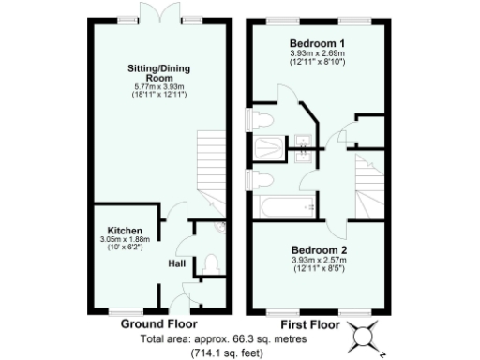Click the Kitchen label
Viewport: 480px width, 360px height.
point(125,230)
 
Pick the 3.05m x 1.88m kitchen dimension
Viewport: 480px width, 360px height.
point(126,239)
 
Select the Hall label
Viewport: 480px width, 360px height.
point(176,263)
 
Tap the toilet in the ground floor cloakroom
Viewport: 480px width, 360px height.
point(210,262)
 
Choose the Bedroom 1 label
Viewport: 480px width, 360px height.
point(317,44)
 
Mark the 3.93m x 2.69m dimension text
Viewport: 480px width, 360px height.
point(317,53)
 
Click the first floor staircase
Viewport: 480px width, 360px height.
point(368,184)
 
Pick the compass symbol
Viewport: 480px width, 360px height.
point(364,334)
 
